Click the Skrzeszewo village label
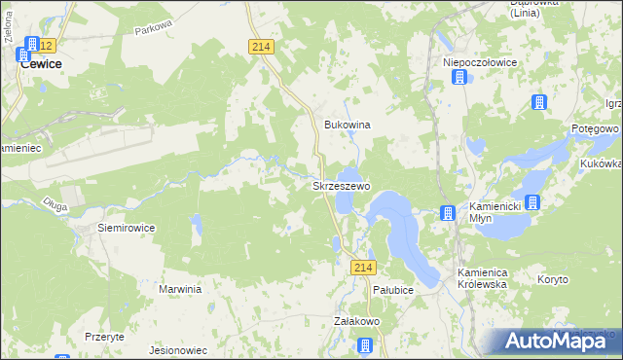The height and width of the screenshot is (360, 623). click(x=340, y=185)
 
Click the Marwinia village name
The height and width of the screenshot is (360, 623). click(x=180, y=289)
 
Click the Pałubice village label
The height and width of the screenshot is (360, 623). click(x=393, y=290)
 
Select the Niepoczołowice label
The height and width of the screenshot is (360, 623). click(x=480, y=61)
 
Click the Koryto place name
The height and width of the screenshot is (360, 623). click(x=552, y=279)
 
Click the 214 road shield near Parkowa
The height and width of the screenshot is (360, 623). click(x=260, y=47)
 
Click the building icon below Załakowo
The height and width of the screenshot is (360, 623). click(x=365, y=344)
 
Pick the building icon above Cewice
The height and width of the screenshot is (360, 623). click(x=32, y=45)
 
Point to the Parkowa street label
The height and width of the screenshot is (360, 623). click(x=153, y=30)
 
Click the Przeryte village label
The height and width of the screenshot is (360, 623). click(x=104, y=336)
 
